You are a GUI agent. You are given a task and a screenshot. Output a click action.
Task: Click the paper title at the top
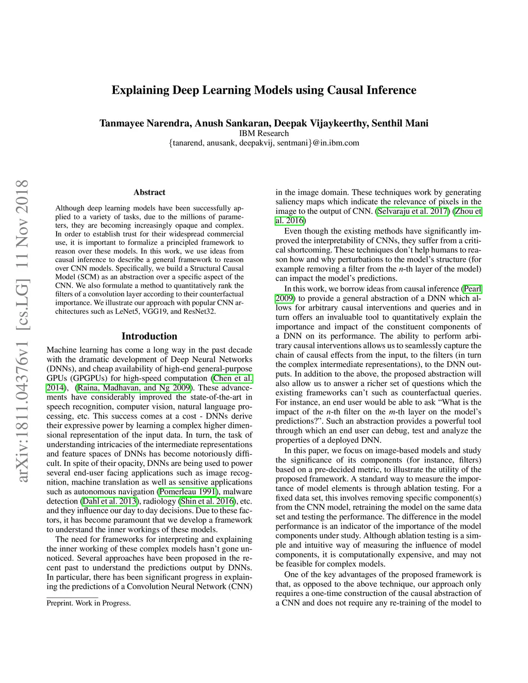pyautogui.click(x=263, y=90)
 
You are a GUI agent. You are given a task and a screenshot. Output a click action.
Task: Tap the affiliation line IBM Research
pyautogui.click(x=263, y=133)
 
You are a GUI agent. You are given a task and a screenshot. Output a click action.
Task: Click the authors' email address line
pyautogui.click(x=263, y=143)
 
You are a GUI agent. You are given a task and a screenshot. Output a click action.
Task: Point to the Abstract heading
pyautogui.click(x=150, y=192)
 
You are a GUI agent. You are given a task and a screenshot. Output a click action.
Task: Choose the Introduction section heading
pyautogui.click(x=150, y=336)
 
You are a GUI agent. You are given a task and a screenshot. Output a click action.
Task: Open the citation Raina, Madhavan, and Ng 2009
pyautogui.click(x=134, y=388)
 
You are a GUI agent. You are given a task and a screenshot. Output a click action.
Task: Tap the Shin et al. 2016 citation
pyautogui.click(x=207, y=501)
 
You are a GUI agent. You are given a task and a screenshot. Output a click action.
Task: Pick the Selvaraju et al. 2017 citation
pyautogui.click(x=412, y=211)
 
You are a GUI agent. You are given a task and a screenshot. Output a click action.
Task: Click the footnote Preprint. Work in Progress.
pyautogui.click(x=89, y=603)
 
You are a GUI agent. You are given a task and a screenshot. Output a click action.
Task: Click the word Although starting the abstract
pyautogui.click(x=70, y=208)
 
